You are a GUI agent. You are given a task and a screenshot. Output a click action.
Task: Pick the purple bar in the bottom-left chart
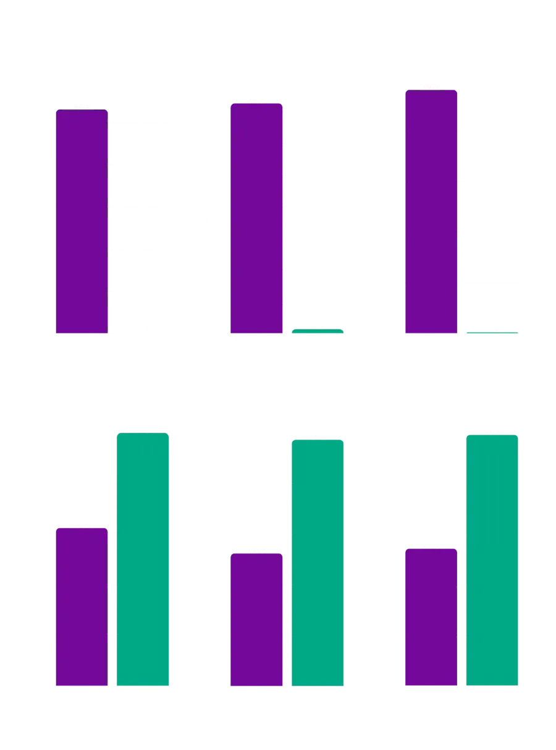pyautogui.click(x=82, y=606)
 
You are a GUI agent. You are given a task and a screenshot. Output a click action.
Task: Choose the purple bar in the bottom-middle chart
pyautogui.click(x=256, y=619)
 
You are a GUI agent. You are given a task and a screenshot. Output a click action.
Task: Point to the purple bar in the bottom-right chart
pyautogui.click(x=430, y=616)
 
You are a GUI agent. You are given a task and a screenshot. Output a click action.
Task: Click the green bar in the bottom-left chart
pyautogui.click(x=142, y=560)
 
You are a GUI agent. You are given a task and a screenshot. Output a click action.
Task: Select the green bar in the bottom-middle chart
pyautogui.click(x=318, y=563)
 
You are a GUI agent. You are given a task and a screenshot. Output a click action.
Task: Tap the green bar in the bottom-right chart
pyautogui.click(x=492, y=560)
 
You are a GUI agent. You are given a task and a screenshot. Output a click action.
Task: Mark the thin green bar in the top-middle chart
pyautogui.click(x=318, y=331)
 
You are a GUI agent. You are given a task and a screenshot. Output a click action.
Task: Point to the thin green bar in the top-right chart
pyautogui.click(x=492, y=334)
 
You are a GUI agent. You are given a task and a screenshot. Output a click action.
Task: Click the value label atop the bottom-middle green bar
pyautogui.click(x=318, y=437)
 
